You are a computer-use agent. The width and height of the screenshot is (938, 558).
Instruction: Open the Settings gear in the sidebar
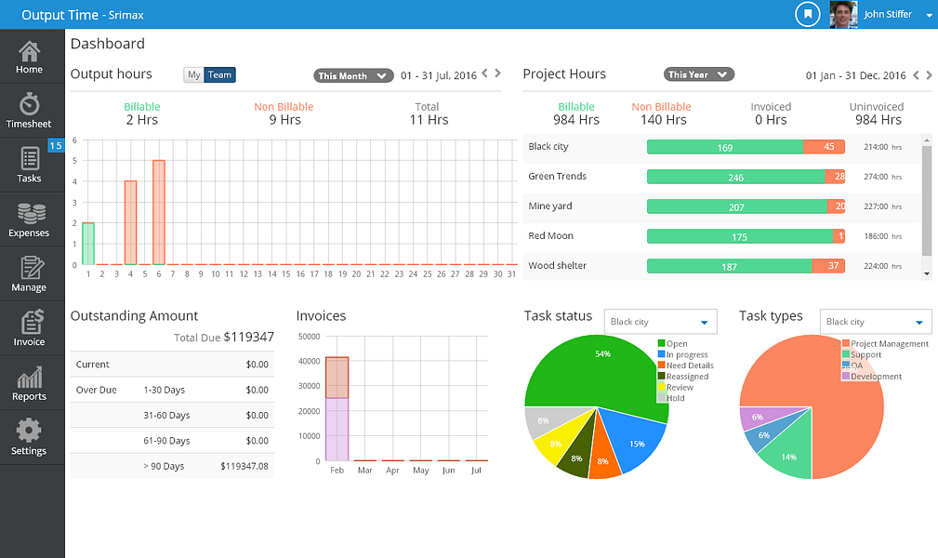pyautogui.click(x=29, y=437)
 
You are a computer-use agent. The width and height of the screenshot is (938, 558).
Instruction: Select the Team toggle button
pyautogui.click(x=220, y=75)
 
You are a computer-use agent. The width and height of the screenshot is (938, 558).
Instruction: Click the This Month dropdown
pyautogui.click(x=353, y=76)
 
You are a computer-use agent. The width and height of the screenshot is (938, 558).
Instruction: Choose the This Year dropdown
pyautogui.click(x=698, y=74)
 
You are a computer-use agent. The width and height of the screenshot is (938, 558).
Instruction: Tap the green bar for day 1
pyautogui.click(x=88, y=244)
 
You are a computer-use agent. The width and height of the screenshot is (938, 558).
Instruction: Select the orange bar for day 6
pyautogui.click(x=159, y=212)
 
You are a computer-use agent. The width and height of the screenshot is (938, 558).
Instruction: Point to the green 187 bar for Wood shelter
pyautogui.click(x=729, y=266)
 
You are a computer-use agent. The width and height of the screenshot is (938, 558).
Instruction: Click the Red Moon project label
pyautogui.click(x=550, y=236)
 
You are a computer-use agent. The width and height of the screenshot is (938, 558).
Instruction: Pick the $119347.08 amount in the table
pyautogui.click(x=244, y=466)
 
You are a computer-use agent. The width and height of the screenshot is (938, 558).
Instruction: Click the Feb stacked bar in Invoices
pyautogui.click(x=337, y=409)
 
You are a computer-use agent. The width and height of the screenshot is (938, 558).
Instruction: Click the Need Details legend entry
pyautogui.click(x=689, y=365)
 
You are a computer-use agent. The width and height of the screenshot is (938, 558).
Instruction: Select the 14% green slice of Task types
pyautogui.click(x=786, y=456)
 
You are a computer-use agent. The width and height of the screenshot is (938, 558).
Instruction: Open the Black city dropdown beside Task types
pyautogui.click(x=876, y=322)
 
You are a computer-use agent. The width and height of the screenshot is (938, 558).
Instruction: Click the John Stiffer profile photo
pyautogui.click(x=843, y=14)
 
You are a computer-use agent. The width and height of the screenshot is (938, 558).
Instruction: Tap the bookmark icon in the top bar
pyautogui.click(x=809, y=14)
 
